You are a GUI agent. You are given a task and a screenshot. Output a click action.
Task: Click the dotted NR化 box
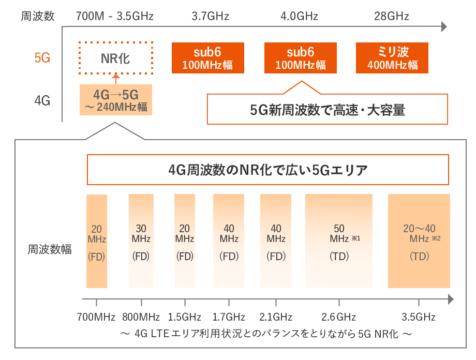click(116, 58)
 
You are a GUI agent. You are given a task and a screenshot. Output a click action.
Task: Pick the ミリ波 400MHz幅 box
click(393, 58)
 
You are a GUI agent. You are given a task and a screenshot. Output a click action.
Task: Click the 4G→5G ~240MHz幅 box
click(116, 100)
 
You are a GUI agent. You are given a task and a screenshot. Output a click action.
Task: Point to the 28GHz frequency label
click(392, 16)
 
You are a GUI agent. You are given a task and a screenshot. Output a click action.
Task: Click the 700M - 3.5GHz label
click(115, 16)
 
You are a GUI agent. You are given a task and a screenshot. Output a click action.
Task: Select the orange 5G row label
click(42, 58)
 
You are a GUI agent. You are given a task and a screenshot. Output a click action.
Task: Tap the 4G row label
click(42, 100)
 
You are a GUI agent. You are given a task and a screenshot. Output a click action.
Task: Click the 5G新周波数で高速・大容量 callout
click(327, 110)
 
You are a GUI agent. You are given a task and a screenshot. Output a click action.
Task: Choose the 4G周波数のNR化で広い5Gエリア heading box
click(267, 170)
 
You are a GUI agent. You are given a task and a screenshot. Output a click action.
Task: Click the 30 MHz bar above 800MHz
click(141, 241)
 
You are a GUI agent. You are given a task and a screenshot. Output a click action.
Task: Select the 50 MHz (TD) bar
click(339, 241)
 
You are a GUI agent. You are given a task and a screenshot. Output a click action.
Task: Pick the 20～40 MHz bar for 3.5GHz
click(419, 241)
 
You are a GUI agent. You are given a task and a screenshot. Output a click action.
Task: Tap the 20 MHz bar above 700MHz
click(97, 241)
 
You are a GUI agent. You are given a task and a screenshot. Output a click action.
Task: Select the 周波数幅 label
click(50, 249)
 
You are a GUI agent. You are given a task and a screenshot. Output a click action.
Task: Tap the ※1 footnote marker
click(355, 238)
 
